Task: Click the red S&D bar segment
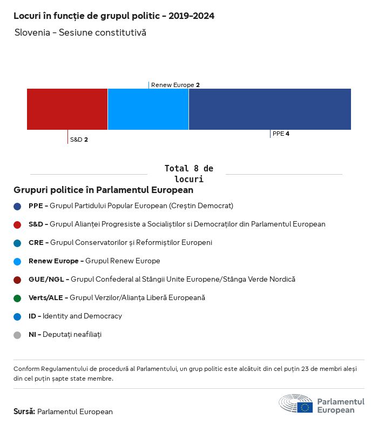pyautogui.click(x=67, y=109)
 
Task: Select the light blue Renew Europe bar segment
pyautogui.click(x=148, y=109)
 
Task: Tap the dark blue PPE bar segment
pyautogui.click(x=269, y=109)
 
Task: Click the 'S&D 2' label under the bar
pyautogui.click(x=79, y=140)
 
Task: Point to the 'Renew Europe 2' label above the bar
pyautogui.click(x=175, y=85)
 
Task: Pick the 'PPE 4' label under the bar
pyautogui.click(x=281, y=134)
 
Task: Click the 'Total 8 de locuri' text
pyautogui.click(x=188, y=174)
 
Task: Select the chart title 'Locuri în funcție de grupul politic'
pyautogui.click(x=114, y=16)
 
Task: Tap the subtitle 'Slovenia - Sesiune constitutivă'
pyautogui.click(x=80, y=33)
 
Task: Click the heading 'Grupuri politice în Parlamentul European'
pyautogui.click(x=103, y=190)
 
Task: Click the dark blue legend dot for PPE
pyautogui.click(x=17, y=206)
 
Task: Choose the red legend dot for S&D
pyautogui.click(x=17, y=224)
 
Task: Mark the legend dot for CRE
pyautogui.click(x=17, y=243)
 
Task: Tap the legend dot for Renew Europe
pyautogui.click(x=17, y=261)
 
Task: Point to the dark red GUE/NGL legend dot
pyautogui.click(x=17, y=280)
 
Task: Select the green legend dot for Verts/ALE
pyautogui.click(x=17, y=298)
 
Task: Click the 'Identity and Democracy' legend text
pyautogui.click(x=82, y=316)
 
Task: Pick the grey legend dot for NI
pyautogui.click(x=17, y=335)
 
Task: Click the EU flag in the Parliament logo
pyautogui.click(x=305, y=407)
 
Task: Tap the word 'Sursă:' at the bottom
pyautogui.click(x=24, y=411)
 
